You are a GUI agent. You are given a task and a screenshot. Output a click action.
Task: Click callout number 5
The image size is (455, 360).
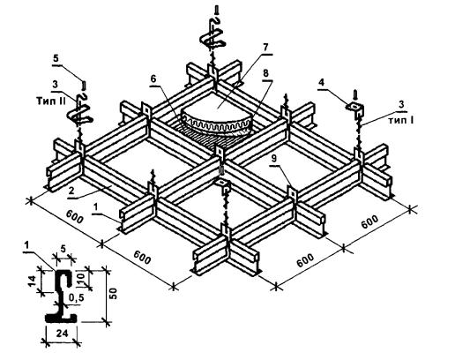click(x=56, y=59)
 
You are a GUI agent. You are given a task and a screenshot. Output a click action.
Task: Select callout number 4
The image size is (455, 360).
click(x=322, y=82)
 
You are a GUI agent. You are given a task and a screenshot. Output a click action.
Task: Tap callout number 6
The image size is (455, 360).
click(x=153, y=79)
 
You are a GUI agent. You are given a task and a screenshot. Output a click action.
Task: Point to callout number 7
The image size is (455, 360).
click(x=265, y=48)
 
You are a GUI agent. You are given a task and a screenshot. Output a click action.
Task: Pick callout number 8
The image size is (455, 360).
click(x=265, y=73)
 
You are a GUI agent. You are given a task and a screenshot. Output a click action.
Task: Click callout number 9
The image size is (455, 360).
click(x=274, y=159)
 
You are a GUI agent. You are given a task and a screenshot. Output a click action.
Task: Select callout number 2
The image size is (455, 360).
click(x=71, y=191)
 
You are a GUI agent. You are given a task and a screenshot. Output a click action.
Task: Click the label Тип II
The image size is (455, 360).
click(x=51, y=101)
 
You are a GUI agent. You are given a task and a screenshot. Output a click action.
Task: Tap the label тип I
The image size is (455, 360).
click(x=401, y=120)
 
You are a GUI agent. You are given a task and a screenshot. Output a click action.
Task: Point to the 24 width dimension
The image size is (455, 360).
click(x=62, y=334)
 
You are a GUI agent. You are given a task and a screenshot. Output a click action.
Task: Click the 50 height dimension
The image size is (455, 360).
click(x=113, y=294)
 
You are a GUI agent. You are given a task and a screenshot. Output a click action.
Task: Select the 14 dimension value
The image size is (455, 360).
click(x=33, y=281)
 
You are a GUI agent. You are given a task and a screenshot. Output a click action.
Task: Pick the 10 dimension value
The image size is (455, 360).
click(x=81, y=278)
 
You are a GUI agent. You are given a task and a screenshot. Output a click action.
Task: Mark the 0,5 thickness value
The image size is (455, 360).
click(x=76, y=297)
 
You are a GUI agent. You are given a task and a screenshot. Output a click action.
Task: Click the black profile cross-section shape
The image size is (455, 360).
click(x=60, y=297)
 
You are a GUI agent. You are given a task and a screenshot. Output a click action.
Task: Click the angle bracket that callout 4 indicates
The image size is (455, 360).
click(x=356, y=109)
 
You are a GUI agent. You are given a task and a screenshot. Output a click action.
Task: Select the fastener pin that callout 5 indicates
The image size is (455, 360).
click(x=85, y=86)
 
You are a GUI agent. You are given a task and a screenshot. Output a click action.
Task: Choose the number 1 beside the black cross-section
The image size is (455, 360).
click(x=27, y=244)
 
